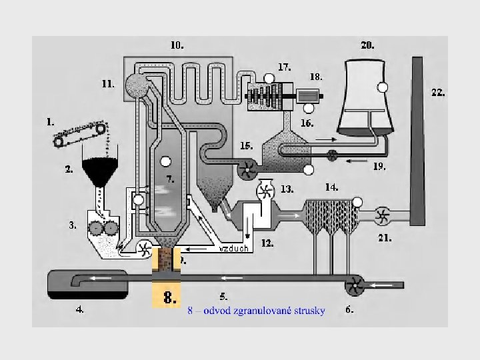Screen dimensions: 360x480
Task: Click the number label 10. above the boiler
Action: click(x=177, y=46)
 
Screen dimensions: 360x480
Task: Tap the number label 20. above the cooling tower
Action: click(x=367, y=46)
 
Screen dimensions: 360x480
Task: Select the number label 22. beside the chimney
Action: click(x=438, y=93)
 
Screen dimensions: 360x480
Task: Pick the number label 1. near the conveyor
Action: click(x=50, y=122)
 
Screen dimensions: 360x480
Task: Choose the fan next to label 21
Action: click(x=383, y=215)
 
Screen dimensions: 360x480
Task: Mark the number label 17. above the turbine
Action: click(x=285, y=67)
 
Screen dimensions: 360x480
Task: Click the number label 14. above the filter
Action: click(x=331, y=188)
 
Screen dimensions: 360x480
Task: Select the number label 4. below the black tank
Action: click(x=79, y=310)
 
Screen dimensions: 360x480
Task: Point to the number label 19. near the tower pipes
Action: click(x=379, y=167)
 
